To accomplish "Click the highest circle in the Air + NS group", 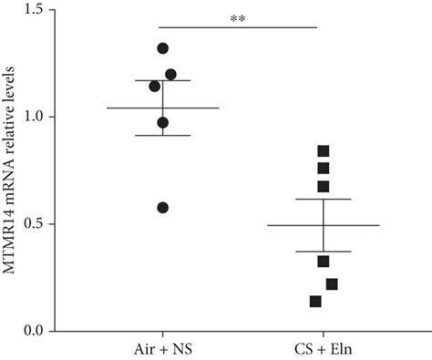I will [x=163, y=48].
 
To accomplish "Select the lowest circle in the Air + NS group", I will [x=163, y=208].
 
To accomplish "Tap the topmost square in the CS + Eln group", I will [x=324, y=151].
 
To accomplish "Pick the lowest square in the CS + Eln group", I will [x=315, y=302].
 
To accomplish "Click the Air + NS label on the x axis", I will [x=162, y=349].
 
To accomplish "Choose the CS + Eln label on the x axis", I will [x=323, y=349].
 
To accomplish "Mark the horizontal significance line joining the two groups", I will [x=239, y=26].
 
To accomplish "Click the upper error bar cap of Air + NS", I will [x=163, y=80].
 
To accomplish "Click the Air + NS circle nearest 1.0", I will [x=163, y=122].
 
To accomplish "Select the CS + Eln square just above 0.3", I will [x=324, y=262].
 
